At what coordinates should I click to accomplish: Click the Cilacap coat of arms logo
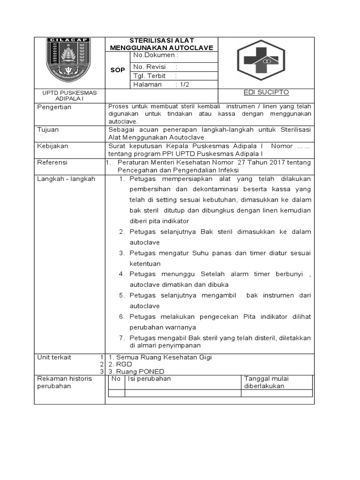pyautogui.click(x=69, y=60)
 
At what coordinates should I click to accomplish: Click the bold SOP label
pyautogui.click(x=117, y=70)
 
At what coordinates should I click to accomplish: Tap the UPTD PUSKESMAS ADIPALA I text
pyautogui.click(x=69, y=96)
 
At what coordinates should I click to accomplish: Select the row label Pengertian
pyautogui.click(x=54, y=107)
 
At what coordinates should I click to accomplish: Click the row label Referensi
pyautogui.click(x=52, y=162)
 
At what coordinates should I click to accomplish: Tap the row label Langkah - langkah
pyautogui.click(x=66, y=179)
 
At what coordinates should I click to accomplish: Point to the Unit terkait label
pyautogui.click(x=54, y=357)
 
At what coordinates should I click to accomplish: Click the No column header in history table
pyautogui.click(x=116, y=378)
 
